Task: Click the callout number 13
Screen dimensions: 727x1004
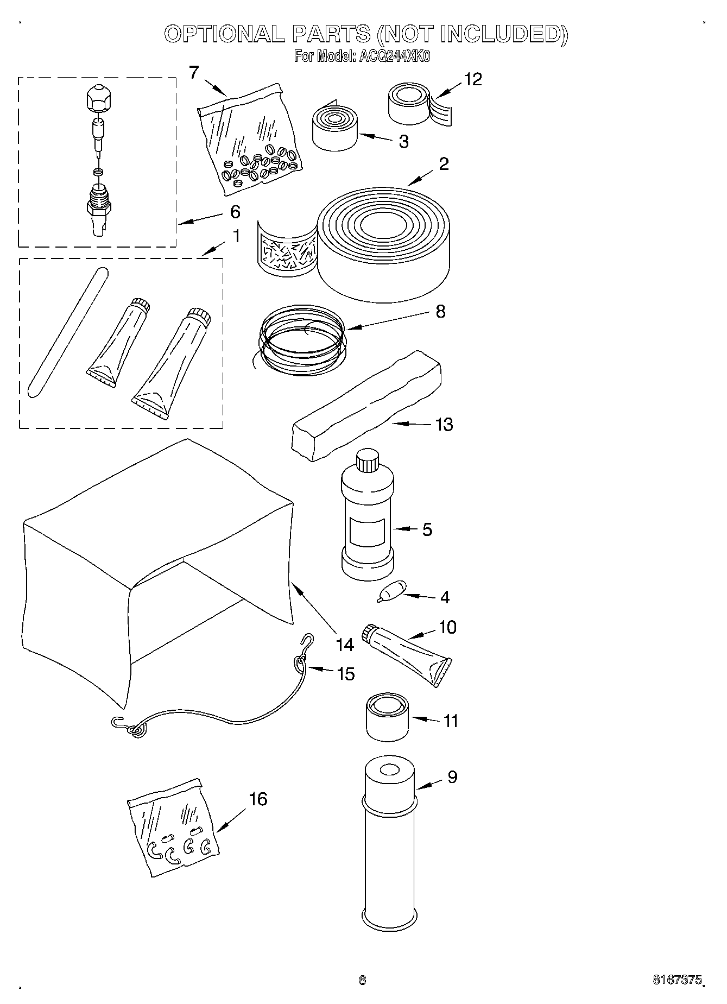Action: click(444, 424)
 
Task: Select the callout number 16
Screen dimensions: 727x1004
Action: click(258, 799)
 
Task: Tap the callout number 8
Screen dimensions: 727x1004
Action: click(440, 312)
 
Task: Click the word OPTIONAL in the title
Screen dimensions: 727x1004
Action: click(224, 34)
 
